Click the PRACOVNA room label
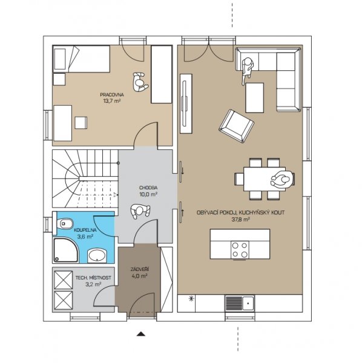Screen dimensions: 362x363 click(x=112, y=94)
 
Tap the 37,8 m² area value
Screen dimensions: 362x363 click(x=240, y=219)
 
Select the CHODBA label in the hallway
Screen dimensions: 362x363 click(x=148, y=188)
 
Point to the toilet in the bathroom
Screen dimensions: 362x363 click(x=65, y=224)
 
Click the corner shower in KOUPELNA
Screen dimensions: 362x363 click(x=66, y=250)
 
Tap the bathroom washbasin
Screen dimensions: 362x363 click(x=97, y=256)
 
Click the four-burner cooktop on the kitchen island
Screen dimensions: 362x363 click(x=240, y=249)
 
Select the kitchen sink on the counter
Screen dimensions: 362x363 click(x=240, y=303)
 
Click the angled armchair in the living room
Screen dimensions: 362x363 click(x=237, y=126)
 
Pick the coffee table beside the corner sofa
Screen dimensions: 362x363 click(x=255, y=97)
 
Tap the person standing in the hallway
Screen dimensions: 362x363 click(x=140, y=211)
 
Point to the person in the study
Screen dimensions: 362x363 click(x=140, y=83)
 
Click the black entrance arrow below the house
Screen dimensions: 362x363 click(x=141, y=333)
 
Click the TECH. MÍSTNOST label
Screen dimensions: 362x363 click(x=93, y=278)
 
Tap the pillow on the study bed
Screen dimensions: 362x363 click(x=59, y=59)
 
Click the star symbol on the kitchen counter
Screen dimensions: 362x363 click(x=191, y=299)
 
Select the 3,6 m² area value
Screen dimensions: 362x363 click(x=85, y=237)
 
